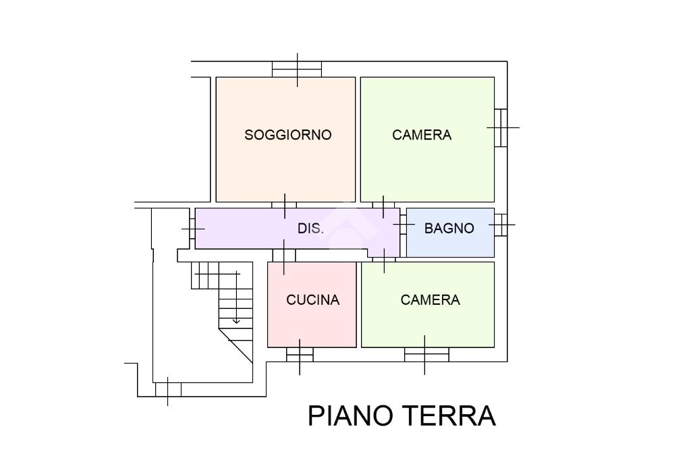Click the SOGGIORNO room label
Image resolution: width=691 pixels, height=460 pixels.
tap(287, 135)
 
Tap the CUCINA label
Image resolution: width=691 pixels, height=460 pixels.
tap(312, 300)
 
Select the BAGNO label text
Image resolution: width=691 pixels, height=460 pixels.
tap(449, 229)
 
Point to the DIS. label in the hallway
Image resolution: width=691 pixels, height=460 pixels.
tap(310, 229)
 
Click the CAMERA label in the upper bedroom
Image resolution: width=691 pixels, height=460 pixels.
tap(422, 135)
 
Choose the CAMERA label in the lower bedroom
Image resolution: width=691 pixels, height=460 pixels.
tap(430, 300)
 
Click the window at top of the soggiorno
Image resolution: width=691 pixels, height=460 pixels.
tap(297, 69)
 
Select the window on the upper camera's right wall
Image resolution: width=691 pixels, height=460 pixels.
tap(501, 127)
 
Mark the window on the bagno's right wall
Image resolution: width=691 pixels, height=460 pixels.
tap(500, 225)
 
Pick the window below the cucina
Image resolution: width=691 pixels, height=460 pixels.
tap(300, 354)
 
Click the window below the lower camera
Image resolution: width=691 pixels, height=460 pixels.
tap(426, 354)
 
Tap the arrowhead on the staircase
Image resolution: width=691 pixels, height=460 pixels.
tap(236, 320)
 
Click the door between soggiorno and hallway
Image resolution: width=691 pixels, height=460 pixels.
tap(284, 205)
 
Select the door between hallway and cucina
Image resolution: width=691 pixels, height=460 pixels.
tap(284, 255)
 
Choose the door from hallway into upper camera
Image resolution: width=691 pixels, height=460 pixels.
tap(383, 205)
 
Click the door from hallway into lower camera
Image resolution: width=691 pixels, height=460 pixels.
tap(384, 259)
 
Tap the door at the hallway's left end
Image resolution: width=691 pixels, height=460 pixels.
tap(192, 229)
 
